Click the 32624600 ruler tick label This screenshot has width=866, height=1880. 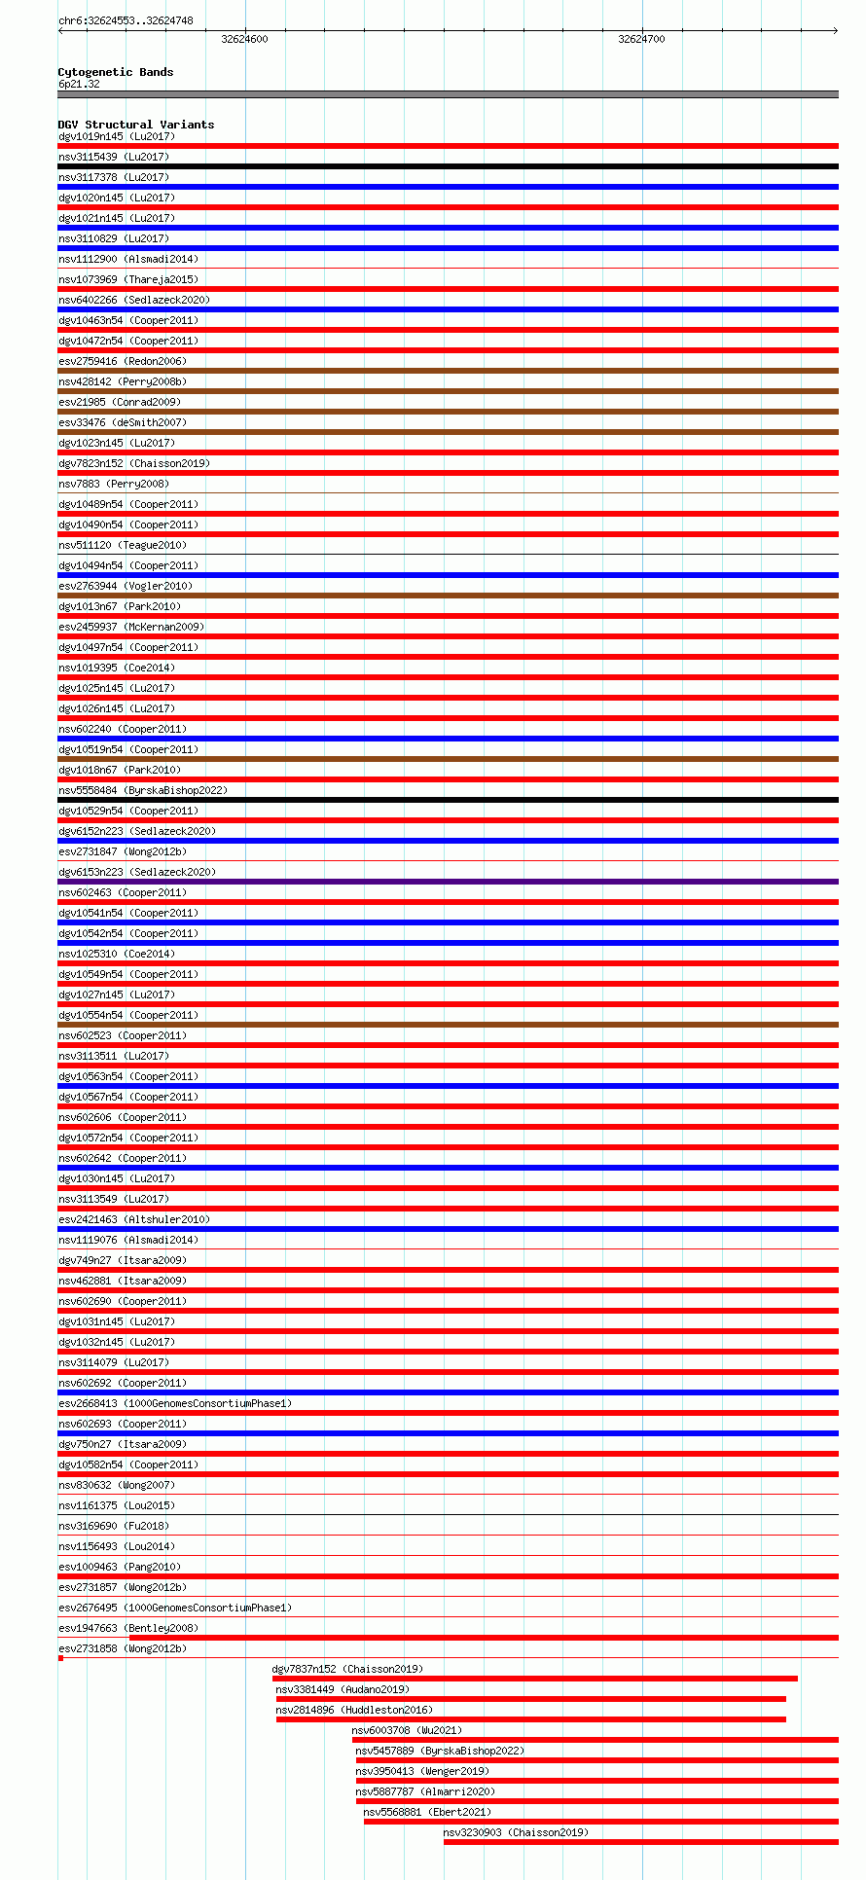tap(244, 39)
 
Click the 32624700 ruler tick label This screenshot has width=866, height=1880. tap(641, 39)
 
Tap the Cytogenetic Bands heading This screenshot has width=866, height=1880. tap(115, 72)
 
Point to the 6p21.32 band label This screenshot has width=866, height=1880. tap(79, 84)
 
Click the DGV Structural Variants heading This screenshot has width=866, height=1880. tap(135, 125)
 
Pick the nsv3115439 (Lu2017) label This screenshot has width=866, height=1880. tap(113, 157)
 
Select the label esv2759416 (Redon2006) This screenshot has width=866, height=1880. tap(122, 361)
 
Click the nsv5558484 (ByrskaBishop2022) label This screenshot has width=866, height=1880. tap(142, 790)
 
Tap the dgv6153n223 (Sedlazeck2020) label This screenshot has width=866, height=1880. tap(136, 872)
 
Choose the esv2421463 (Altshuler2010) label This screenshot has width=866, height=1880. tap(133, 1219)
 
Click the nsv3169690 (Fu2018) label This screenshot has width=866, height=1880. tap(113, 1526)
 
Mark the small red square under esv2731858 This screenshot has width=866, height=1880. tap(60, 1658)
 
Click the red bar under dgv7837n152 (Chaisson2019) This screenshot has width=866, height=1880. tap(534, 1679)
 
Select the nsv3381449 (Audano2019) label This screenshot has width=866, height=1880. tap(342, 1689)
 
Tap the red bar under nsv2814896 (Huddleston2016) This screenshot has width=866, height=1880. tap(530, 1719)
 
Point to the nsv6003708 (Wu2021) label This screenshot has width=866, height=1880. tap(407, 1730)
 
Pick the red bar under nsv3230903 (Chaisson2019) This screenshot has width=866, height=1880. tap(640, 1842)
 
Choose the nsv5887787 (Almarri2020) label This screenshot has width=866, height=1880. tap(424, 1791)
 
